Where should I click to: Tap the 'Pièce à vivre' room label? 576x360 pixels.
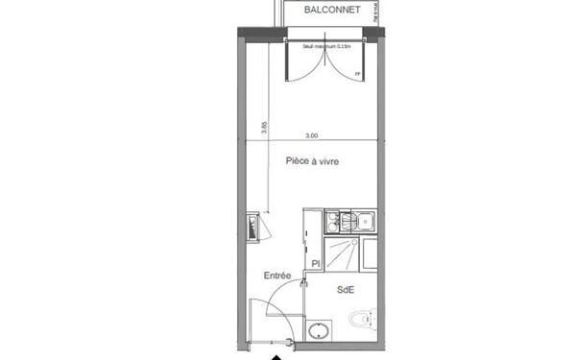pyautogui.click(x=313, y=162)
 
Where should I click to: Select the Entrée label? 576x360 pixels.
pyautogui.click(x=277, y=276)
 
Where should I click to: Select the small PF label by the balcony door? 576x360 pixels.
pyautogui.click(x=358, y=75)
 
